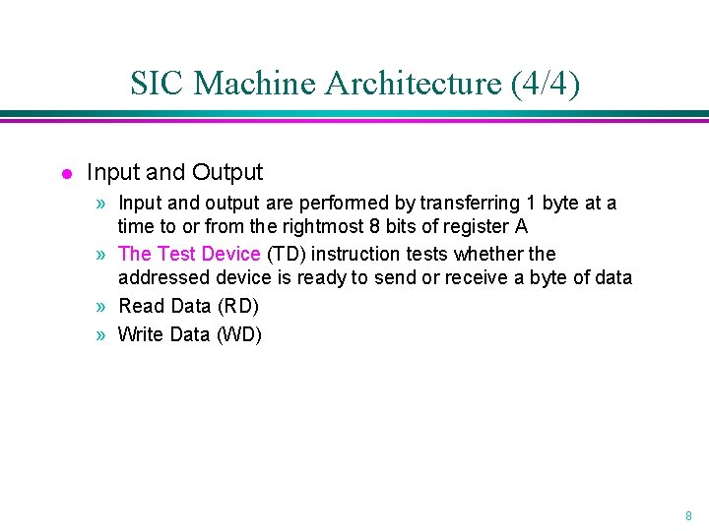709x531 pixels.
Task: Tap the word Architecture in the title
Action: click(x=413, y=84)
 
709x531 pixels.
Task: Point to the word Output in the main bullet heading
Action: click(x=227, y=172)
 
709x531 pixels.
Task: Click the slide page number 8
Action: click(x=688, y=515)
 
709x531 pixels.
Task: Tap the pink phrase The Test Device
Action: click(x=189, y=254)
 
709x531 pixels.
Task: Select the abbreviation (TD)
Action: click(x=286, y=254)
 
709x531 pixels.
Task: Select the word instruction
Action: click(x=355, y=254)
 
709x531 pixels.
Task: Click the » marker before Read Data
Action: click(x=102, y=306)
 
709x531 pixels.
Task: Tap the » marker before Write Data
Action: click(x=102, y=334)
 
